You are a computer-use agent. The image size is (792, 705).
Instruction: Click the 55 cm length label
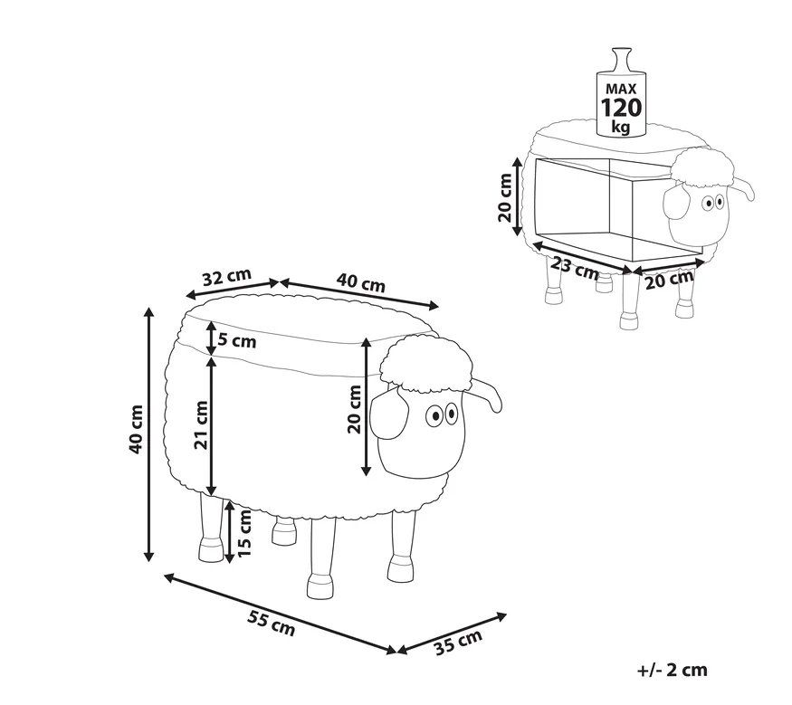(272, 622)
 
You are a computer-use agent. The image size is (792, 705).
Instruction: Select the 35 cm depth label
(458, 642)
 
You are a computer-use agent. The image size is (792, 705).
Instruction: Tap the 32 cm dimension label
(227, 277)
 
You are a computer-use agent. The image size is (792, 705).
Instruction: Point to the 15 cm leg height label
(244, 532)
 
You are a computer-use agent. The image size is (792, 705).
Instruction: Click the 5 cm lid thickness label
(237, 341)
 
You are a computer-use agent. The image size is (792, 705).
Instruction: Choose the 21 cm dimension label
(202, 424)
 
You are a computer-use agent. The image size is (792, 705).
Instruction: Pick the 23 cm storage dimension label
(575, 268)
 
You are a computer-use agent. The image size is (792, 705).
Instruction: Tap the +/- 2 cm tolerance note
(673, 670)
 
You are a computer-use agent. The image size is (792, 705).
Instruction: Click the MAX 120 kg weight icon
(621, 92)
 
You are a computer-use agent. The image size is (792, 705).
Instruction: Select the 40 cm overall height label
(136, 429)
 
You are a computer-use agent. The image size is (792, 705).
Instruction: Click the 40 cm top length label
(360, 282)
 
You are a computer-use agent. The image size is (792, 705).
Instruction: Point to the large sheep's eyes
(442, 414)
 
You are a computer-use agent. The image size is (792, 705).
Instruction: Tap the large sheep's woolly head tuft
(425, 364)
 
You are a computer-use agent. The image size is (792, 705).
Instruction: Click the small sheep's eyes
(713, 203)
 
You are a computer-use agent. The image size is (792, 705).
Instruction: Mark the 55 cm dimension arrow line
(281, 614)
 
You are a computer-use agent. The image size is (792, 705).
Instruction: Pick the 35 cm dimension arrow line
(452, 634)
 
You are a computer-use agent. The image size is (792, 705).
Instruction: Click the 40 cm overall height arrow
(148, 434)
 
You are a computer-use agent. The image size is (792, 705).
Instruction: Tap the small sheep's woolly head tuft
(702, 167)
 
